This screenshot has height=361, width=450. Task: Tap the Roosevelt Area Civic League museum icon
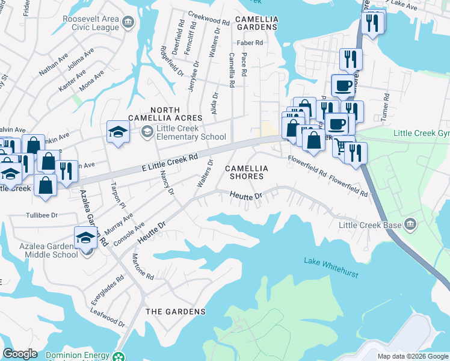(x=128, y=23)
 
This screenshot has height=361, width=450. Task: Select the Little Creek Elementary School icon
(x=146, y=132)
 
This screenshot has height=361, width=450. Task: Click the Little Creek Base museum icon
(x=410, y=224)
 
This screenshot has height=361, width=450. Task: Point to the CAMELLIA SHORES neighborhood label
(x=245, y=173)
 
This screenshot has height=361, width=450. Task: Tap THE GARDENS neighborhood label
(x=175, y=312)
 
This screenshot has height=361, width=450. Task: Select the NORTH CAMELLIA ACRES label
(x=165, y=114)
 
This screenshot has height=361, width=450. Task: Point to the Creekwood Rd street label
(x=209, y=18)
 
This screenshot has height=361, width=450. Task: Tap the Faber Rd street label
(x=250, y=43)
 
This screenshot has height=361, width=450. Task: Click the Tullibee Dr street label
(x=42, y=215)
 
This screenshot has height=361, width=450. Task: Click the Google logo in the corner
(x=20, y=354)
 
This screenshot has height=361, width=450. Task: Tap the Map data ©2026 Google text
(x=412, y=356)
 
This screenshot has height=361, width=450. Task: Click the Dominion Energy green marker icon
(x=120, y=356)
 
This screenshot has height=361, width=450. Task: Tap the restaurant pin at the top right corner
(x=372, y=23)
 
